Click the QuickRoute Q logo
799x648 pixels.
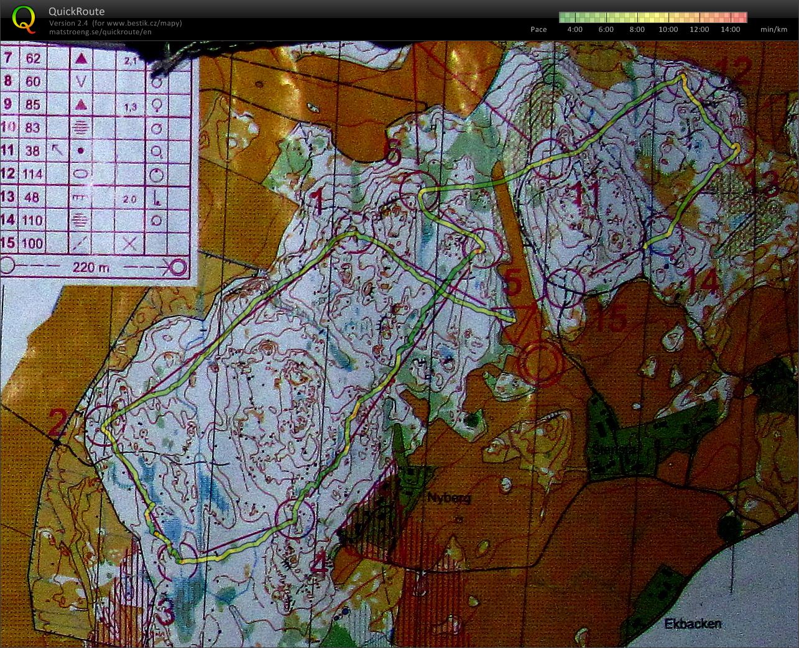tap(24, 19)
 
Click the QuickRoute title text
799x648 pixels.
tap(76, 11)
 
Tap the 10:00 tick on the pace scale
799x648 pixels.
tap(668, 29)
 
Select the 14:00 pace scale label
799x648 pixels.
tap(731, 29)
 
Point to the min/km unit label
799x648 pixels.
tap(774, 29)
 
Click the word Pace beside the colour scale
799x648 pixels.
tap(538, 29)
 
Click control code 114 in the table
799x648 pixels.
tap(33, 174)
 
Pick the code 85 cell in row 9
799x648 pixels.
tap(33, 104)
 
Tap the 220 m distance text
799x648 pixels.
tap(91, 267)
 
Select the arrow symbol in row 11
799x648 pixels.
tap(57, 150)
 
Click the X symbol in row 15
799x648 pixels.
tap(129, 243)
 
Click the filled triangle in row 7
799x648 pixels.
tap(81, 58)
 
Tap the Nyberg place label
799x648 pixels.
tap(448, 498)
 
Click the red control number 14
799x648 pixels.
tap(703, 283)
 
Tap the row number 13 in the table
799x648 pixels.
tap(8, 197)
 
